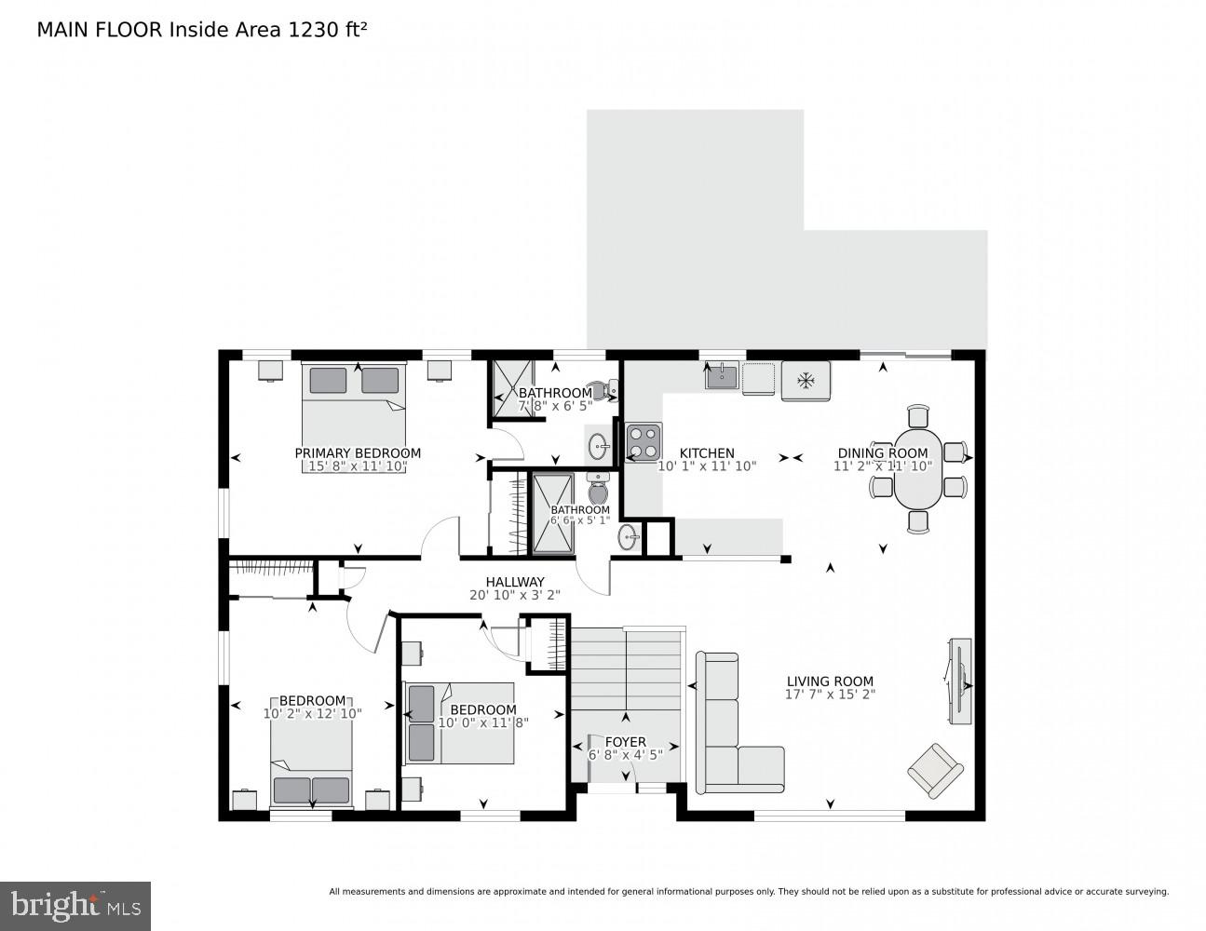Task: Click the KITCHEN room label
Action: coord(706,453)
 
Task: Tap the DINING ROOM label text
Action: coord(882,453)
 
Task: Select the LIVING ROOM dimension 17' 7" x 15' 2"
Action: coord(831,695)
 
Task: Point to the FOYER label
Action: coord(626,742)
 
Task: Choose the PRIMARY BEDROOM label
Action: coord(358,453)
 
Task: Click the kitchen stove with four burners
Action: coord(644,442)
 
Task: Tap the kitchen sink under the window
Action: coord(722,376)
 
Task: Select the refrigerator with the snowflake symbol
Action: coord(806,381)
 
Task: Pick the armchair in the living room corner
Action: coord(935,770)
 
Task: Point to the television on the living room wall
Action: coord(958,681)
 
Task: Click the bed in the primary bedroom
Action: coord(354,417)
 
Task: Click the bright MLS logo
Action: coord(75,905)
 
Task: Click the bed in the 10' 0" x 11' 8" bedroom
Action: coord(459,724)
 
